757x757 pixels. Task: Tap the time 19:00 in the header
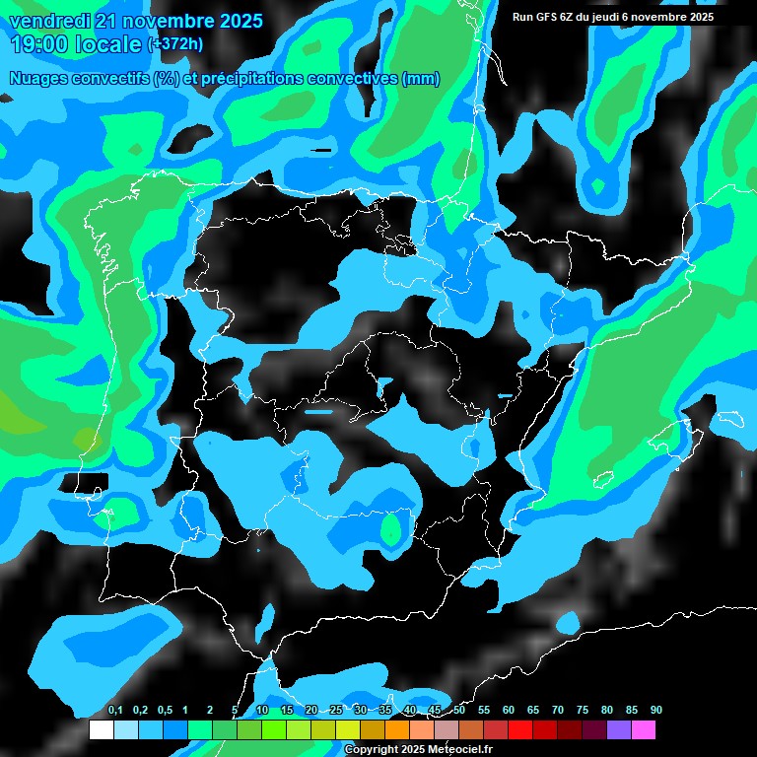41,44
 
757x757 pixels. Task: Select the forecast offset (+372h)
178,44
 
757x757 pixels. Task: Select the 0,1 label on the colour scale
115,711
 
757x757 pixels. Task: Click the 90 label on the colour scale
655,711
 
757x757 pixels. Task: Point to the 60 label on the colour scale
509,711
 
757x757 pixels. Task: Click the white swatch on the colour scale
101,729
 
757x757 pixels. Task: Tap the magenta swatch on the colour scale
644,729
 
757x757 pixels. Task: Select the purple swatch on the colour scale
619,729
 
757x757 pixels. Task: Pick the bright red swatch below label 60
520,729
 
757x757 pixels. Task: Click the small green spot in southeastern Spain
392,531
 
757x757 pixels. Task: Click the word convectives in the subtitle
352,79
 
